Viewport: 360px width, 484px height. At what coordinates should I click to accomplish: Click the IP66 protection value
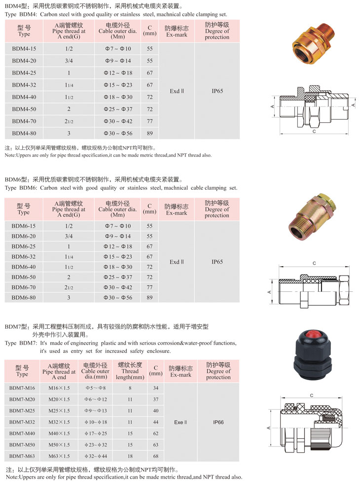[218, 422]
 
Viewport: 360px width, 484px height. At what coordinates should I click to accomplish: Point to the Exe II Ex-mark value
[180, 422]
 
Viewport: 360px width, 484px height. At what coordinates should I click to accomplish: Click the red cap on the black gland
[313, 343]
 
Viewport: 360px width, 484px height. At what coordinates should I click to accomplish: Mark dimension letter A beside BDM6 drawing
[269, 292]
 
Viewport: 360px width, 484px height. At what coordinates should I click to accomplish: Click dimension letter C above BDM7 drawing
[312, 395]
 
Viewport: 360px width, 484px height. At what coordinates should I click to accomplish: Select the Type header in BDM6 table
[24, 209]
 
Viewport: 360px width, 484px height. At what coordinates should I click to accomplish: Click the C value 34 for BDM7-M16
[156, 388]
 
